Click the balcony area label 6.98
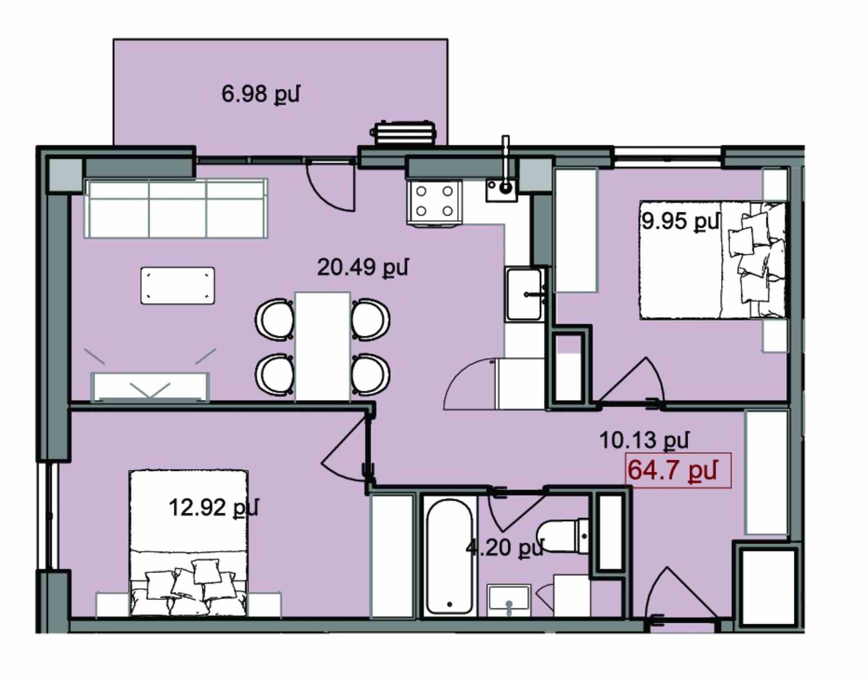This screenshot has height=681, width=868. click(260, 94)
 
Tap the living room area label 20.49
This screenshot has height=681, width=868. click(363, 267)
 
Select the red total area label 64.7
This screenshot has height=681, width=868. click(672, 470)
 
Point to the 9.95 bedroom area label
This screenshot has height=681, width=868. click(680, 221)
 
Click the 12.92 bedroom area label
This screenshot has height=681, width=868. click(213, 507)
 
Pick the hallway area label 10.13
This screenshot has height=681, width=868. click(644, 440)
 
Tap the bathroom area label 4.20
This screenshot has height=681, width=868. click(505, 548)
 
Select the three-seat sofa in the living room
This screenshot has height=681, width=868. click(176, 208)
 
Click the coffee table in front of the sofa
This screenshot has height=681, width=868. click(178, 286)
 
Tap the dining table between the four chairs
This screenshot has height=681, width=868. click(322, 347)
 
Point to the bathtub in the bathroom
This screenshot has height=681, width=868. click(449, 557)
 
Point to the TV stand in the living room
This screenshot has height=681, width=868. click(150, 387)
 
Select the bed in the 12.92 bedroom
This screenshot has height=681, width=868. click(189, 543)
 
